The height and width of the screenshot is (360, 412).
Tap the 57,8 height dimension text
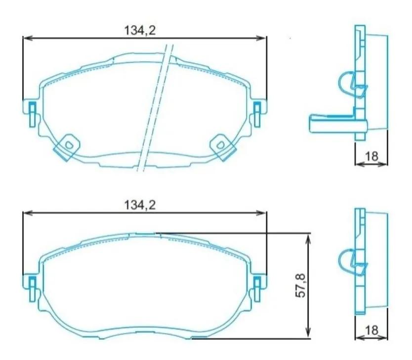(299, 286)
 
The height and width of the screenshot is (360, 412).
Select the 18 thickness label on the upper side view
(371, 156)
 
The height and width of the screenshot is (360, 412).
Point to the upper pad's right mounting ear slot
(257, 109)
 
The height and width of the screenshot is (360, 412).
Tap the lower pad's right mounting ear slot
(257, 284)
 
